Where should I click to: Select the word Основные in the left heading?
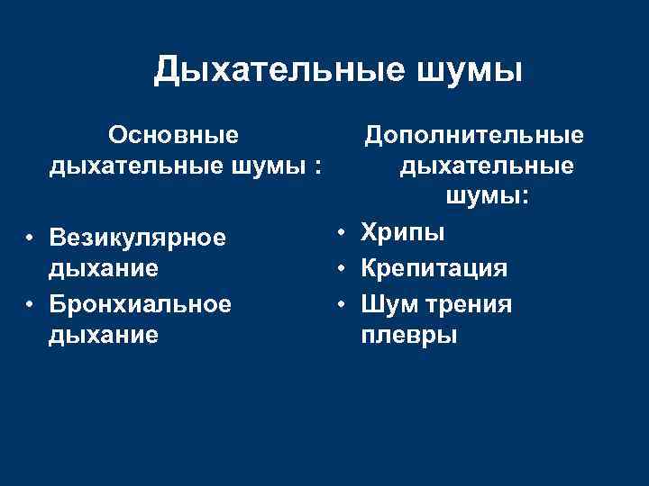coord(173,135)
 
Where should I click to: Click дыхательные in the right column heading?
coord(487,166)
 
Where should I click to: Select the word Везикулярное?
coord(138,238)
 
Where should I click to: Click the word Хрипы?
coord(403,233)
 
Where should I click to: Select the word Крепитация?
coord(434,268)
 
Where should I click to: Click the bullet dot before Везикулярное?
coord(30,238)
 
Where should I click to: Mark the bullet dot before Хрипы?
coord(343,234)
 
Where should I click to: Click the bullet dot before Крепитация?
coord(343,269)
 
